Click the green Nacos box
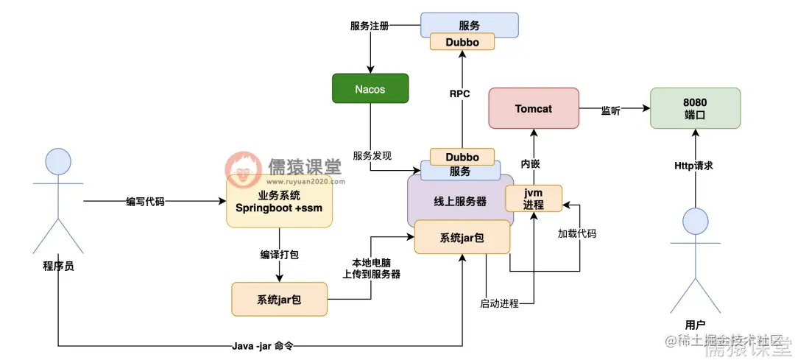point(370,89)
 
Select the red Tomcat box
point(534,109)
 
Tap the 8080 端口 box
point(695,109)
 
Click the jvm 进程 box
point(534,199)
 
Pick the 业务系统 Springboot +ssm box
point(279,202)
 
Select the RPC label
point(460,93)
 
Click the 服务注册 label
point(370,25)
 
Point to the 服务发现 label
point(372,155)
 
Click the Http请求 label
point(694,166)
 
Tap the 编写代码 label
point(145,202)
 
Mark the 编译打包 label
point(279,254)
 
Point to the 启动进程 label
point(499,303)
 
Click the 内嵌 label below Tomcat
point(531,163)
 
